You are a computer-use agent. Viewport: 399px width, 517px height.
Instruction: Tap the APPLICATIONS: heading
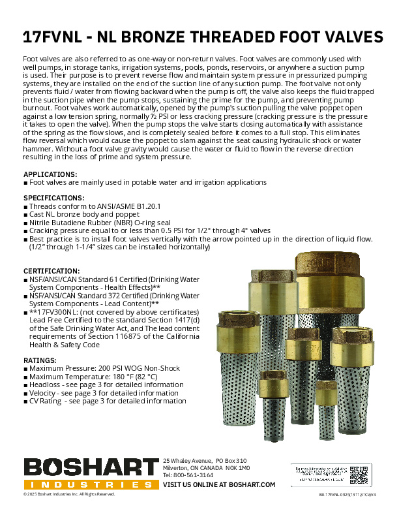click(x=50, y=174)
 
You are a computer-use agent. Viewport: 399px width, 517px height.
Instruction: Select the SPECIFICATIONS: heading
click(x=53, y=197)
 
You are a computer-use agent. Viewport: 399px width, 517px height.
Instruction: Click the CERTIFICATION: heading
click(x=52, y=270)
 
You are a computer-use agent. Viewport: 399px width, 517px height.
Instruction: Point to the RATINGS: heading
click(x=40, y=360)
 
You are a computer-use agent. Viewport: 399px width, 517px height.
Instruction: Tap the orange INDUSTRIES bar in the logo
click(x=90, y=485)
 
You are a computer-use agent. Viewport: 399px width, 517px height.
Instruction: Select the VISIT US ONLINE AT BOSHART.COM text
click(x=219, y=484)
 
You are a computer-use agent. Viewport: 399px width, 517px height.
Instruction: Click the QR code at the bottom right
click(x=358, y=473)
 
